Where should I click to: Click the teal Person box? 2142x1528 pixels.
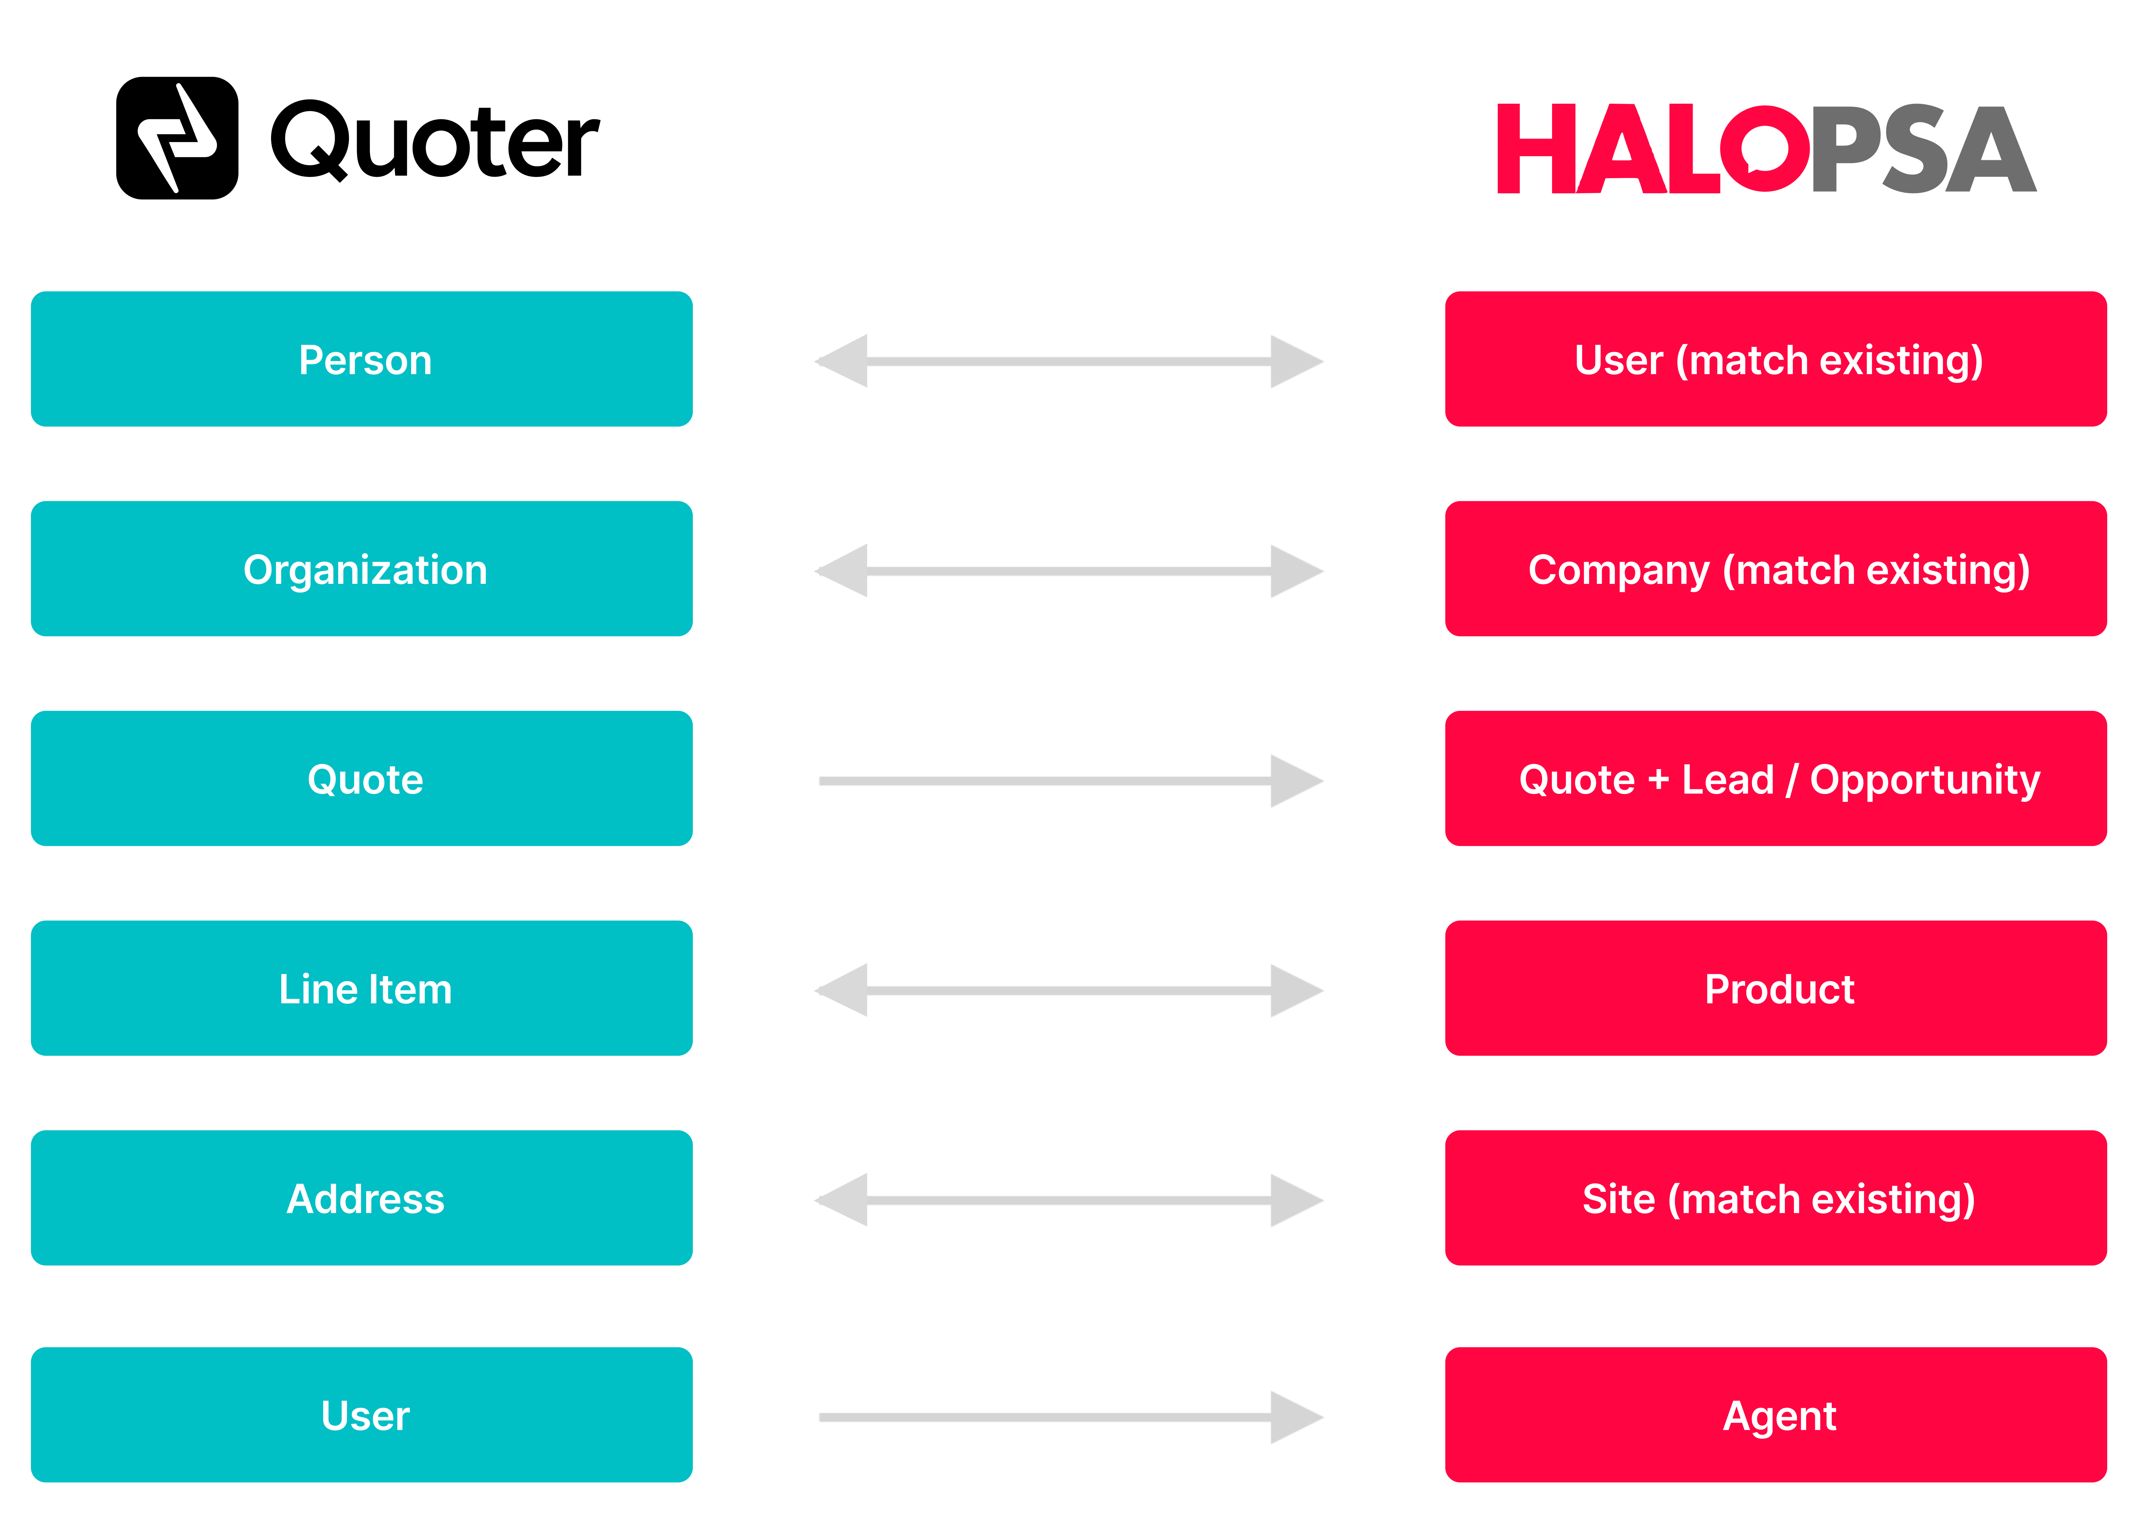point(361,358)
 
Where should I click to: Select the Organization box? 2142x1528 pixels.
point(361,568)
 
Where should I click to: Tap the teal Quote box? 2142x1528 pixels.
point(361,778)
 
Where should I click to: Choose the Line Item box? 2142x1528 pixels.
point(361,988)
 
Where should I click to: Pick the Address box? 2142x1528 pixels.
point(361,1198)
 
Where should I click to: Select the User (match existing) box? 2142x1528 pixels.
point(1776,358)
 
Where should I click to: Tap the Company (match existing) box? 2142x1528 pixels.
point(1776,568)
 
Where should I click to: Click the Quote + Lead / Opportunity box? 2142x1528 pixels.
point(1776,778)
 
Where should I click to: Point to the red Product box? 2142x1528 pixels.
point(1776,988)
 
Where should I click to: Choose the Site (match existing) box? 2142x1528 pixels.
point(1776,1198)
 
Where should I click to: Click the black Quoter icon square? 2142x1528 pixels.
point(177,138)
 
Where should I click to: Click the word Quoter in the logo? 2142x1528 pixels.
point(435,141)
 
